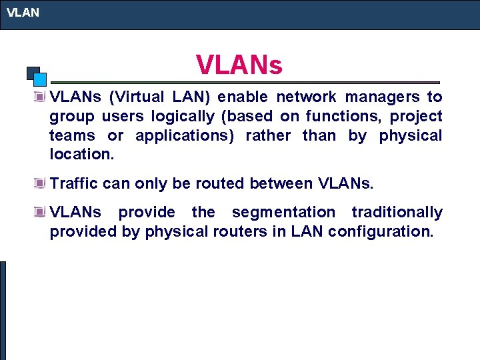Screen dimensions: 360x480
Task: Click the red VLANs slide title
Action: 239,65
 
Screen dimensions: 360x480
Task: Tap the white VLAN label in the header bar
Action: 23,12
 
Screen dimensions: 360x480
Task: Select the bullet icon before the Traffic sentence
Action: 41,183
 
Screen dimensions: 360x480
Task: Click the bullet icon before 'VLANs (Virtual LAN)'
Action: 41,97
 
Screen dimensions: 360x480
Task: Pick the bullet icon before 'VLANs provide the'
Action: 41,213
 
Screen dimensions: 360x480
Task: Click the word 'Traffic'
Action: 74,183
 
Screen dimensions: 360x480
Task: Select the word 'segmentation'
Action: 283,213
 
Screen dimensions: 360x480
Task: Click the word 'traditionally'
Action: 397,213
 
